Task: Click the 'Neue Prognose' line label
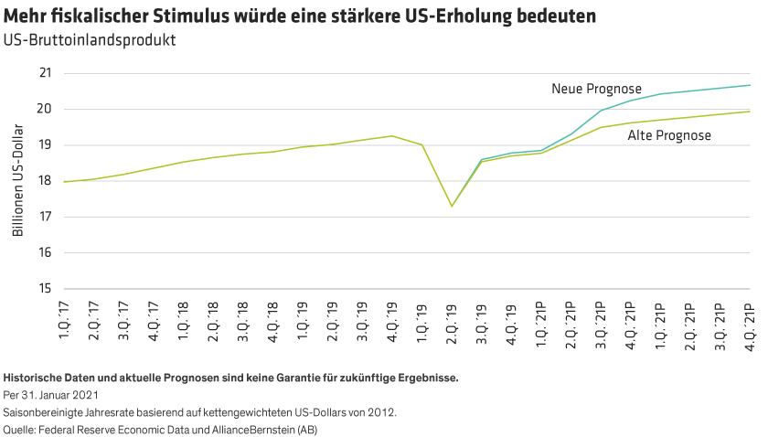click(x=595, y=89)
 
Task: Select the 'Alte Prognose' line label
click(x=669, y=135)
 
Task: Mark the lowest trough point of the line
click(x=452, y=206)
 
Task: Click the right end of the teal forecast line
click(x=750, y=85)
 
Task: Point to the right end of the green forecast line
click(x=750, y=112)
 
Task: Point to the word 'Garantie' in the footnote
click(x=265, y=377)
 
